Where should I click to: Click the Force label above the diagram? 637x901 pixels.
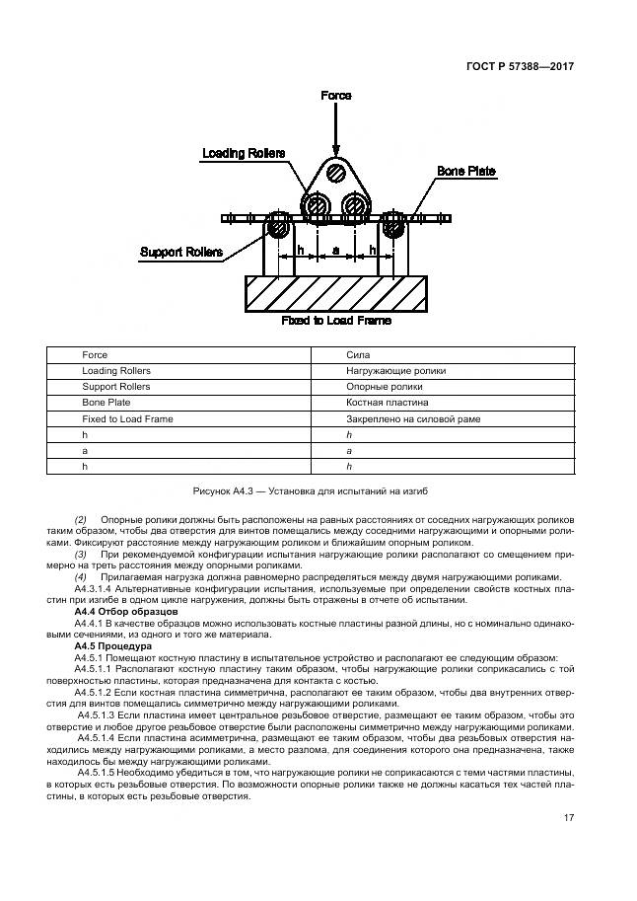336,96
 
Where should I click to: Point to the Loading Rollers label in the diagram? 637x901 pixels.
244,153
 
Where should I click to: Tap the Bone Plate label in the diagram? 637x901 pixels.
466,172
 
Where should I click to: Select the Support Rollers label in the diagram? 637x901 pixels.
180,252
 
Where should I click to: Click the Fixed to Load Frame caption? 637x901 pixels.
335,321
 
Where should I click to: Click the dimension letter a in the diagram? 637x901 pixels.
336,252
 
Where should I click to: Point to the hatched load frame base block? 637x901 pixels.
335,294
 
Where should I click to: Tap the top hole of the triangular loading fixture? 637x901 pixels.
336,174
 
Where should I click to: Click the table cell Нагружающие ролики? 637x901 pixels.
395,371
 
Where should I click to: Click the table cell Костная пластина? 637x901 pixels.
387,403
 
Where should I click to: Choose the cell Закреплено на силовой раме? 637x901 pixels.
412,419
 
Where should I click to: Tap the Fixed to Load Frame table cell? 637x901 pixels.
127,419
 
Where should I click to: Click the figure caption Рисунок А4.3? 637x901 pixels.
318,490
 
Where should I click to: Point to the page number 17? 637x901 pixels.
569,816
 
